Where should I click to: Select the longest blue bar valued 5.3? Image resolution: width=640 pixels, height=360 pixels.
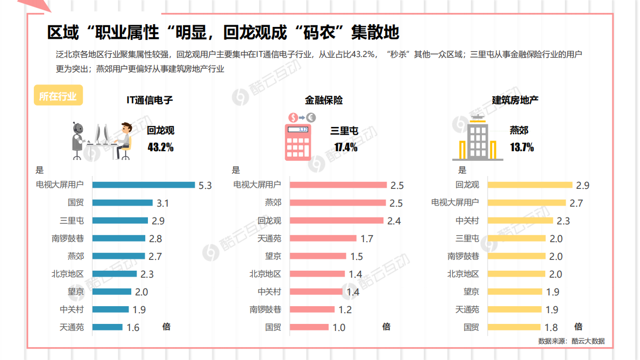pos(144,185)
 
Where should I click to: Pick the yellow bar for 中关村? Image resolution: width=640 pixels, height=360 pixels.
pos(520,221)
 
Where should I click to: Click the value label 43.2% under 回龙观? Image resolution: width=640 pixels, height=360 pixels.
pos(160,147)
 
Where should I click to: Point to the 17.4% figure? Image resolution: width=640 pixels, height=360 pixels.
pos(345,147)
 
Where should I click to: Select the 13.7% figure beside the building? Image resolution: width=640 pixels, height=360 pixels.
pos(522,147)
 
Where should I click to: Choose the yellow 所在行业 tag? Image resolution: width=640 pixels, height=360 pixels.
pos(58,97)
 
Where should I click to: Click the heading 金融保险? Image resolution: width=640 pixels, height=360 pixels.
pos(324,101)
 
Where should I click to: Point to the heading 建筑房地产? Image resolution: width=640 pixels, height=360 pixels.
pos(515,101)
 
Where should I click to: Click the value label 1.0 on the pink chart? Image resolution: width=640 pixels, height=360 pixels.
pos(339,327)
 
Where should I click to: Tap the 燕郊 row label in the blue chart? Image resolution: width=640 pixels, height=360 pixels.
pos(75,256)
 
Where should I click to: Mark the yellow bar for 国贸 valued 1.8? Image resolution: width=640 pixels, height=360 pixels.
pos(514,327)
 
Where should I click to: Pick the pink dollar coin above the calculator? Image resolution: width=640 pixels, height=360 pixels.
pos(294,117)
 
